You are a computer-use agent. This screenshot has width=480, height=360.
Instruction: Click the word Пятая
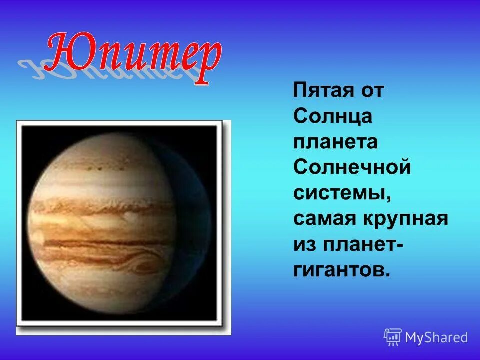click(317, 91)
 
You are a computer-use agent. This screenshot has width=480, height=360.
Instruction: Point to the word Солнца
click(333, 117)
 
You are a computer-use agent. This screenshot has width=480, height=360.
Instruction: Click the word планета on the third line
click(335, 143)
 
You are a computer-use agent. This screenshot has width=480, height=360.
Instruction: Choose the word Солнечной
click(352, 168)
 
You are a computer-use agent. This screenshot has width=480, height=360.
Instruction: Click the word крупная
click(400, 219)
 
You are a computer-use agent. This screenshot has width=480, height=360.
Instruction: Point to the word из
click(303, 245)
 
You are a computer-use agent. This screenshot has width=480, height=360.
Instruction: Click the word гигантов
click(337, 271)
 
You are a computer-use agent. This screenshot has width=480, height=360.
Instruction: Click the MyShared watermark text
click(436, 337)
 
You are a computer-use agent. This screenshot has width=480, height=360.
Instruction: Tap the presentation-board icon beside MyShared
click(393, 337)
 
